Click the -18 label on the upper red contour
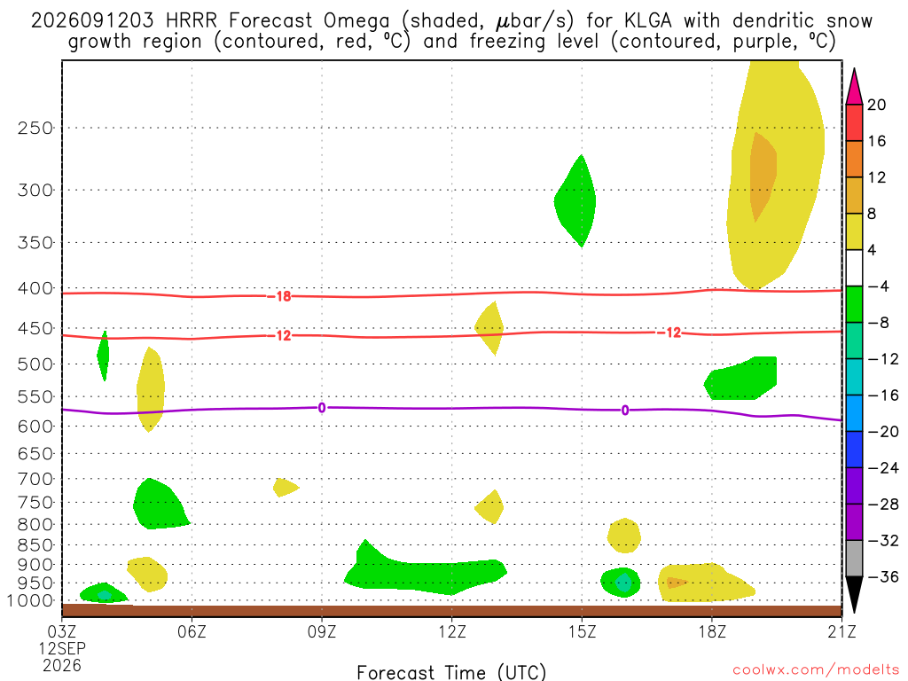283,296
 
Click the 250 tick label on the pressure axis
35,128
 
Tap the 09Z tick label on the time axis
321,631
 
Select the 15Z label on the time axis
582,631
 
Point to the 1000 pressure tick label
29,600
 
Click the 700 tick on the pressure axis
35,479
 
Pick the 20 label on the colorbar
877,105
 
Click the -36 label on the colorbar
882,576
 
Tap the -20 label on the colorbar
882,432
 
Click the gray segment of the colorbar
854,559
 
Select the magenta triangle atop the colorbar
854,87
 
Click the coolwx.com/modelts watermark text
816,670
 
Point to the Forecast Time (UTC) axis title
451,672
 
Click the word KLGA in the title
648,21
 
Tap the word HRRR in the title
192,21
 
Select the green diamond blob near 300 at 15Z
575,201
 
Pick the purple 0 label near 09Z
322,408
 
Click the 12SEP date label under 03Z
62,648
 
